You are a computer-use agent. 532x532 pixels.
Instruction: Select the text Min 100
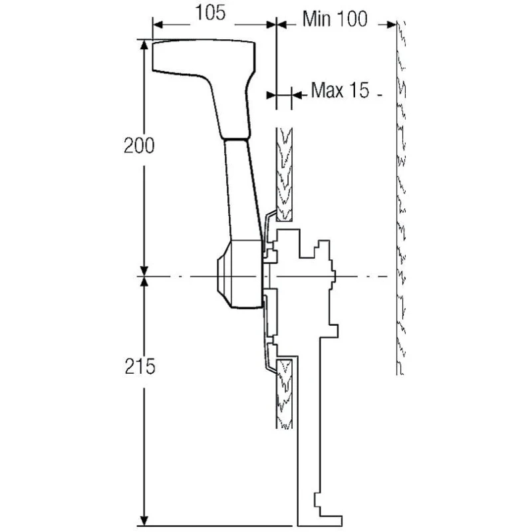pyautogui.click(x=334, y=19)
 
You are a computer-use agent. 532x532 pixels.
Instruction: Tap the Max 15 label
pyautogui.click(x=339, y=90)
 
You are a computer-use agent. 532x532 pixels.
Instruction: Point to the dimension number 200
pyautogui.click(x=139, y=146)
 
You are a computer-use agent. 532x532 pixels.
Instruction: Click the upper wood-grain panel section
pyautogui.click(x=285, y=173)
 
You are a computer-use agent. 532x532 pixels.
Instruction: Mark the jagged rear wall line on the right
pyautogui.click(x=400, y=199)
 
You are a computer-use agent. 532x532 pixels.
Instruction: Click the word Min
pyautogui.click(x=317, y=19)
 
